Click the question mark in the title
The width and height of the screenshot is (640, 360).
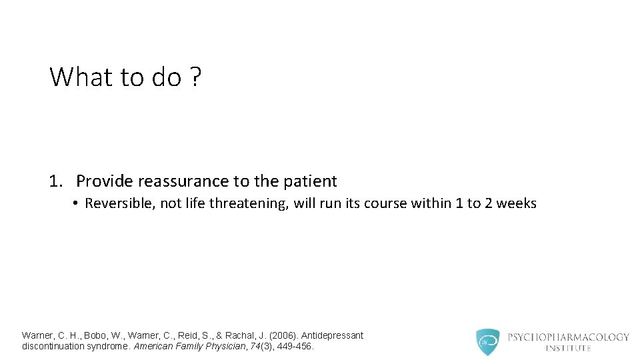(195, 77)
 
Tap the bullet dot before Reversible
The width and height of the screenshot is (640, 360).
(77, 203)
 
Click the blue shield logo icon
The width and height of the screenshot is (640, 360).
(487, 342)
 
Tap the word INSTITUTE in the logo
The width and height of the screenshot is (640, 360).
(568, 348)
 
